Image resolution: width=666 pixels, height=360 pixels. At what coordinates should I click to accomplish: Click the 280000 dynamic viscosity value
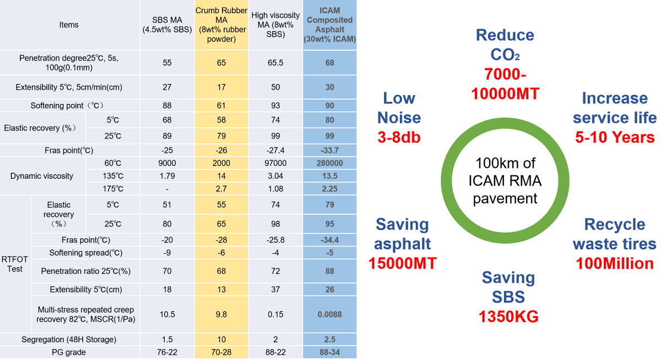(x=329, y=163)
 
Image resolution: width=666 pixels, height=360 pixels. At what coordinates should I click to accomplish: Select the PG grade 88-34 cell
(x=329, y=352)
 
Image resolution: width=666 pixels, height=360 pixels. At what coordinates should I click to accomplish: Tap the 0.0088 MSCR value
(x=329, y=314)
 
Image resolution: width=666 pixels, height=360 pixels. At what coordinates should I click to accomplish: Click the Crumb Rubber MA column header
(x=221, y=25)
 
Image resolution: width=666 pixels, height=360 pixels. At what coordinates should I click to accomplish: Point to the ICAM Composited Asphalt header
(x=329, y=25)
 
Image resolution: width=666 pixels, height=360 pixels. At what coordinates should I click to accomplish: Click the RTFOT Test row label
(x=15, y=264)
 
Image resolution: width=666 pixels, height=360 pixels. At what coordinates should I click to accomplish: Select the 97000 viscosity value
(x=275, y=163)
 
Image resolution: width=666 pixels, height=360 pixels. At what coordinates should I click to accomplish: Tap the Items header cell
(x=69, y=25)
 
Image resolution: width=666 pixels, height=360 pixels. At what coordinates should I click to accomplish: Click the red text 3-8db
(x=399, y=137)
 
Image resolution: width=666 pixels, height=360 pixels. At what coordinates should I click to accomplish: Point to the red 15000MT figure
(x=402, y=263)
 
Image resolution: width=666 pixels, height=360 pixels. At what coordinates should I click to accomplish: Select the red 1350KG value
(x=508, y=317)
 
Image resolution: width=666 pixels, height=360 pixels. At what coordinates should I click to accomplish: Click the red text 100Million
(x=614, y=263)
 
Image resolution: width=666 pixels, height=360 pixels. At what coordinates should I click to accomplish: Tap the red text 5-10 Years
(x=615, y=137)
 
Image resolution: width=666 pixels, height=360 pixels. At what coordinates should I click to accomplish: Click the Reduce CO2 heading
(x=505, y=44)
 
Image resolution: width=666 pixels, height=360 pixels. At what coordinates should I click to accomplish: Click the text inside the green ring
(x=505, y=180)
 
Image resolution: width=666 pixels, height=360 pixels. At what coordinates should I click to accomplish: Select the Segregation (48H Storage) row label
(x=69, y=339)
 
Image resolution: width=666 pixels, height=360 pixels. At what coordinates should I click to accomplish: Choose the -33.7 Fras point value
(x=329, y=150)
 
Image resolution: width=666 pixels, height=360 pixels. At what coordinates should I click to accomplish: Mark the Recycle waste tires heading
(x=614, y=234)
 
